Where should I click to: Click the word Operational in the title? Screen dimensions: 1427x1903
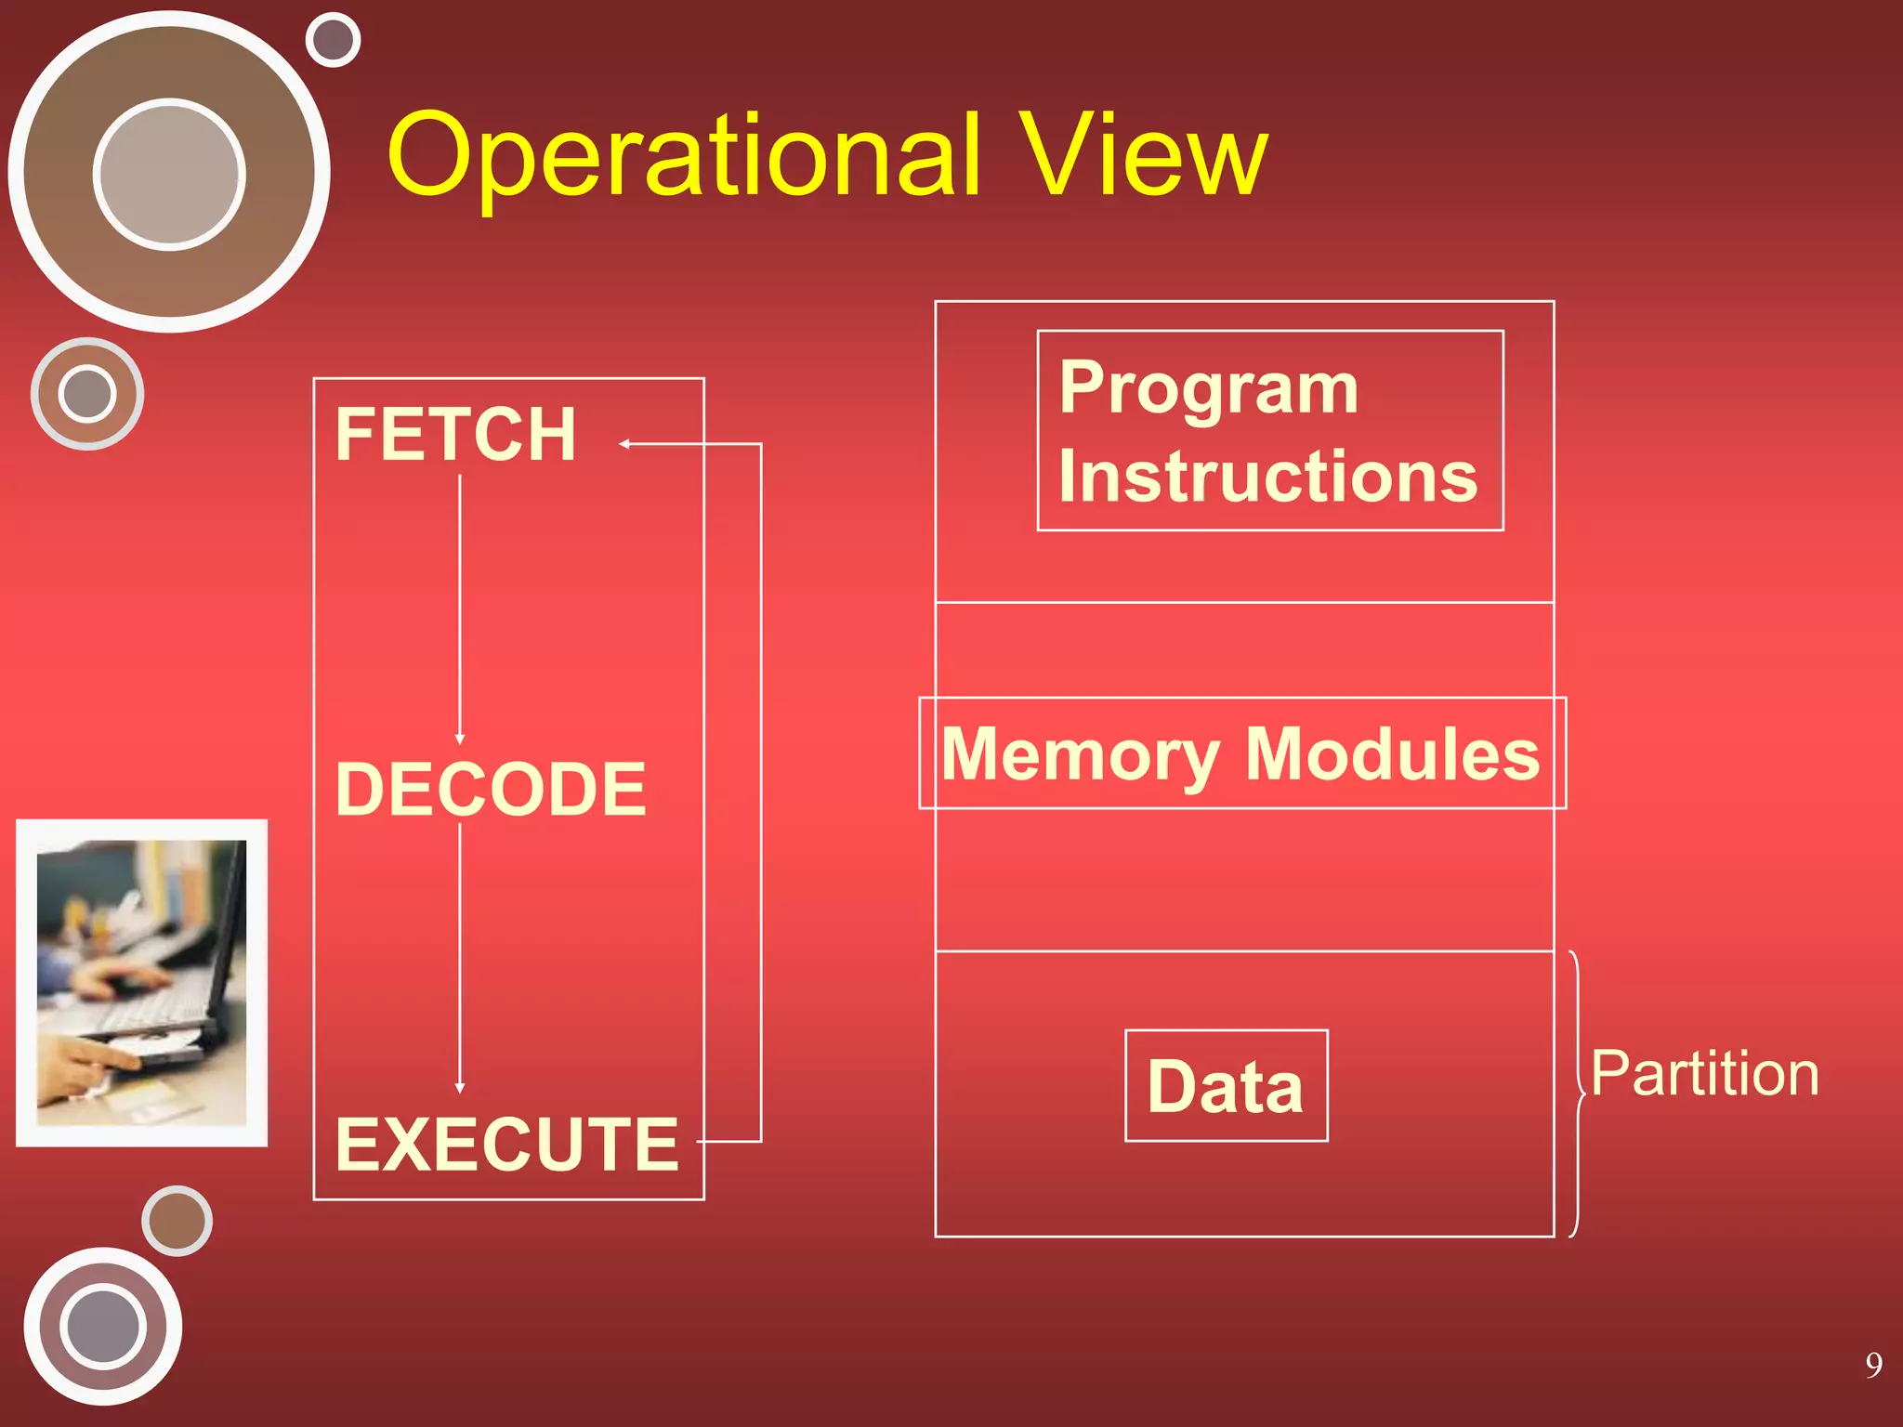(x=684, y=156)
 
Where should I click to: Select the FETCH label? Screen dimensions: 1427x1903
(x=455, y=435)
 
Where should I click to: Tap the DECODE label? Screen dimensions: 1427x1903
(x=491, y=790)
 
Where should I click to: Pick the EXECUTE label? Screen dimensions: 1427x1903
(x=507, y=1145)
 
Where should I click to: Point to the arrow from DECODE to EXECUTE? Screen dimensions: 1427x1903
(x=460, y=957)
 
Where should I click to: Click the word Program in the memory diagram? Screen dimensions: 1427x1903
(x=1208, y=388)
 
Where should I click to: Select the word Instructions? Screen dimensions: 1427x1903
(x=1267, y=477)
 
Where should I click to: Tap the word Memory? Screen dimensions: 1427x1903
(x=1081, y=754)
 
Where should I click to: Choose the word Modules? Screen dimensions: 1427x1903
(x=1392, y=754)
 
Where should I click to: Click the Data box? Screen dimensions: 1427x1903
(x=1226, y=1086)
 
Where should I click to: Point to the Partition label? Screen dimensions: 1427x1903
(x=1704, y=1074)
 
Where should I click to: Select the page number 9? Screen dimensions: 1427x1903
(x=1873, y=1364)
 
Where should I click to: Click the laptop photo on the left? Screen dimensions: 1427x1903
(x=141, y=983)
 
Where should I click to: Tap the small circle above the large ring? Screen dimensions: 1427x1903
(x=333, y=40)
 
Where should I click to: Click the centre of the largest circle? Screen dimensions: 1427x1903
(x=169, y=173)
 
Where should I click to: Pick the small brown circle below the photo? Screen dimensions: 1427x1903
(x=177, y=1221)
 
